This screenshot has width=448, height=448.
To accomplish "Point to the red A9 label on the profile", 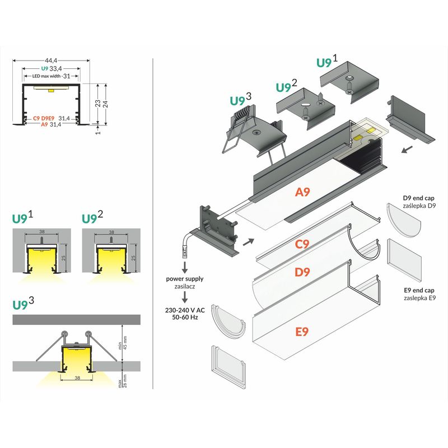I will click(x=302, y=192).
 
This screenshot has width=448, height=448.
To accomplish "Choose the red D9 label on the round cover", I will click(x=302, y=273).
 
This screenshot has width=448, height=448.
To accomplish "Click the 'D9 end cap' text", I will click(x=419, y=198).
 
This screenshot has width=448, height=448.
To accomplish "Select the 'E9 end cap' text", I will click(x=419, y=291).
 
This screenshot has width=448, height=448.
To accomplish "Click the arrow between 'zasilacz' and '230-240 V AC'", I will click(x=184, y=297).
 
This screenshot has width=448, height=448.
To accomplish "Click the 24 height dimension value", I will click(x=105, y=103).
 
